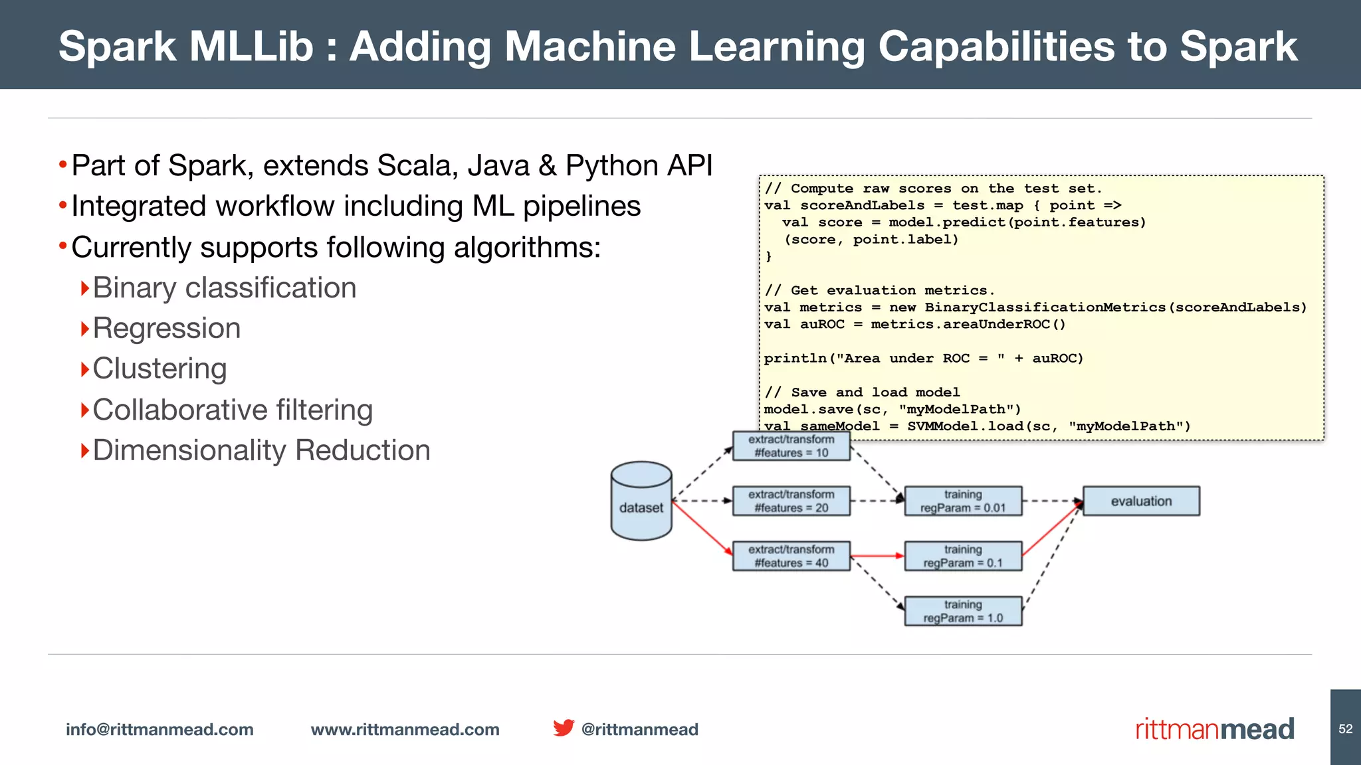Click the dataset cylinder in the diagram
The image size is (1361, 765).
click(x=641, y=501)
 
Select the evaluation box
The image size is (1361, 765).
click(x=1141, y=501)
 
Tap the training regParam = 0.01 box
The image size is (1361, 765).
click(x=963, y=501)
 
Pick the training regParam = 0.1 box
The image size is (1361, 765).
click(x=963, y=556)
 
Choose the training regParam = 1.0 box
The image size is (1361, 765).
click(x=963, y=612)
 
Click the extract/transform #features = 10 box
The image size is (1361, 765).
click(x=791, y=446)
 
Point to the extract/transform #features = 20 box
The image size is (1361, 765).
click(x=791, y=501)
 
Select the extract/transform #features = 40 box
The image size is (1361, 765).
click(x=791, y=556)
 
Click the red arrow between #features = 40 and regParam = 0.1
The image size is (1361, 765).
click(x=877, y=556)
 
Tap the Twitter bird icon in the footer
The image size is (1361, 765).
click(x=564, y=728)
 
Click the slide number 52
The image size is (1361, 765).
click(x=1345, y=729)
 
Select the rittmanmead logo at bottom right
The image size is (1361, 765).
click(x=1214, y=729)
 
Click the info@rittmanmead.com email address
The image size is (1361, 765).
click(x=159, y=730)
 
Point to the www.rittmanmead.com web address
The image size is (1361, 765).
click(x=405, y=730)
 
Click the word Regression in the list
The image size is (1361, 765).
click(x=167, y=329)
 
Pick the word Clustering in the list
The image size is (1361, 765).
click(x=159, y=369)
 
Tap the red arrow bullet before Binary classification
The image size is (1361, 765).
click(x=84, y=288)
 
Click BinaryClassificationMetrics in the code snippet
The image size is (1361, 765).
click(x=1045, y=307)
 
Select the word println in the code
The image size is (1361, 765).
click(x=795, y=359)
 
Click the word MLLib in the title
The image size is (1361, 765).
click(x=251, y=46)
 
